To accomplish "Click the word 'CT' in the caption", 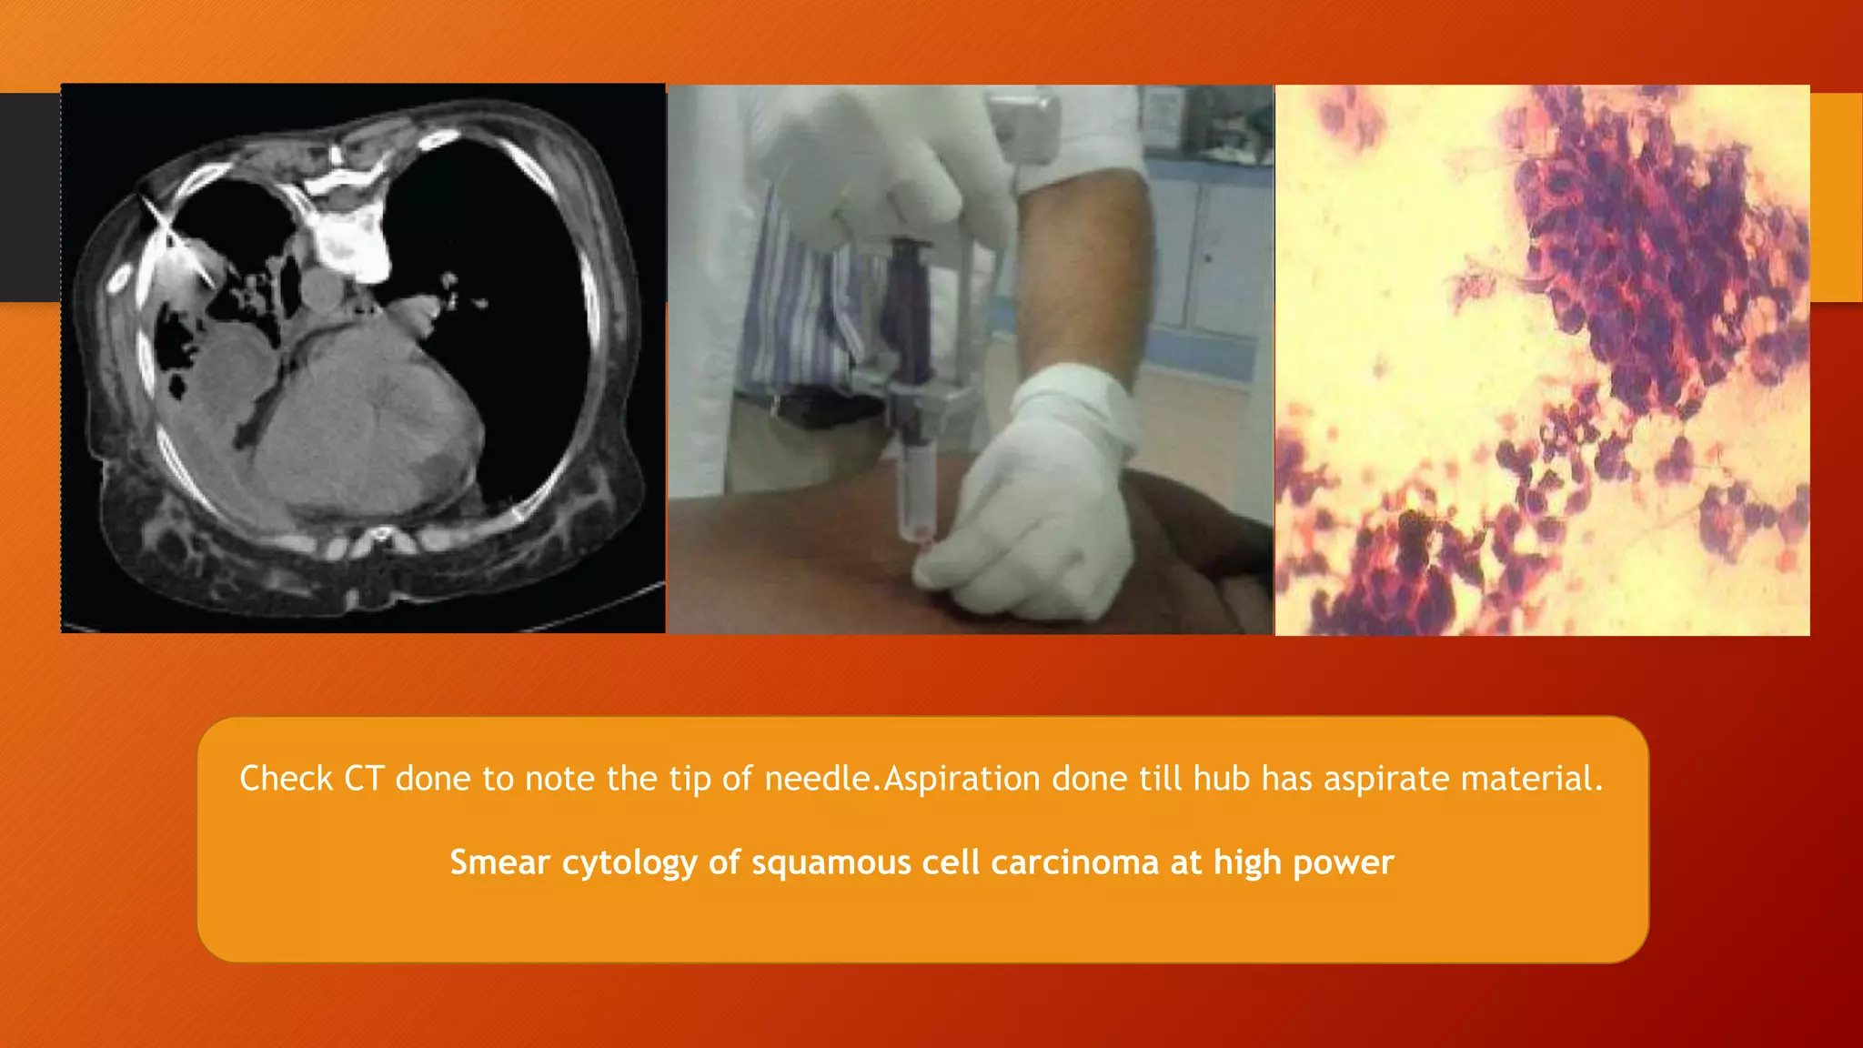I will tap(363, 779).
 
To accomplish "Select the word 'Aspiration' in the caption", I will tap(962, 779).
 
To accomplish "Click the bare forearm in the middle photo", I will tap(1083, 273).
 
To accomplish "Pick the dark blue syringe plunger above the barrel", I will tap(906, 309).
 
